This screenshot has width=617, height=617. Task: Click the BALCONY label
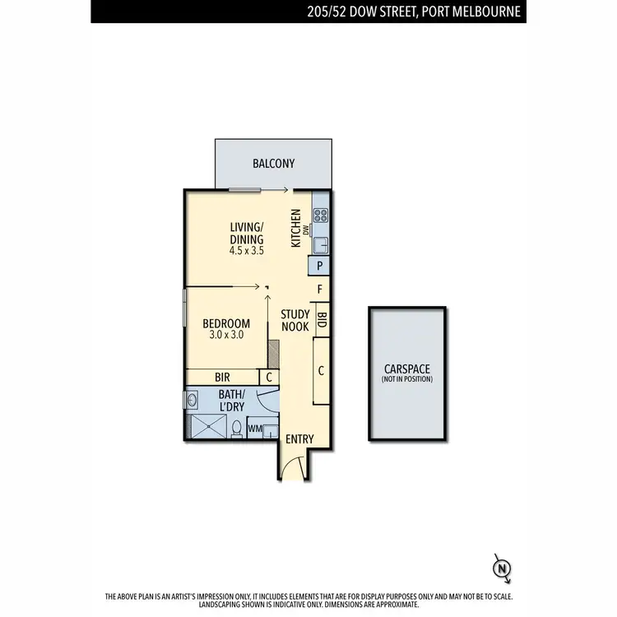pos(272,163)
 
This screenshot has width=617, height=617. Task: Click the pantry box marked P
pos(319,266)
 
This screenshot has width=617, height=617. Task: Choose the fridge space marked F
pos(320,290)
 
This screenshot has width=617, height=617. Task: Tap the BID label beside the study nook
pos(322,319)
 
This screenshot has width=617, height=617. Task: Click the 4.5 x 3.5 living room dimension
pos(247,252)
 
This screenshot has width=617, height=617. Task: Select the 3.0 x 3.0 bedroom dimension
pos(226,335)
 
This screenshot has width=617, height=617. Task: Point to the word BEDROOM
pos(226,322)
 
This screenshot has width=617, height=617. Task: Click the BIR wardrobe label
pos(222,377)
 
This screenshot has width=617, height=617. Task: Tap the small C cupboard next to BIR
pos(268,377)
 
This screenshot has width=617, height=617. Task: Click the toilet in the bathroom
pos(237,428)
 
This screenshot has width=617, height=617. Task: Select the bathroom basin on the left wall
pos(192,401)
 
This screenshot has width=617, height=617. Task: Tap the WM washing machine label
pos(256,429)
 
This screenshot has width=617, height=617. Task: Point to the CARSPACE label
pos(407,369)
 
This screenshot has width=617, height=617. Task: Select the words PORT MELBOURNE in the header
pos(477,12)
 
